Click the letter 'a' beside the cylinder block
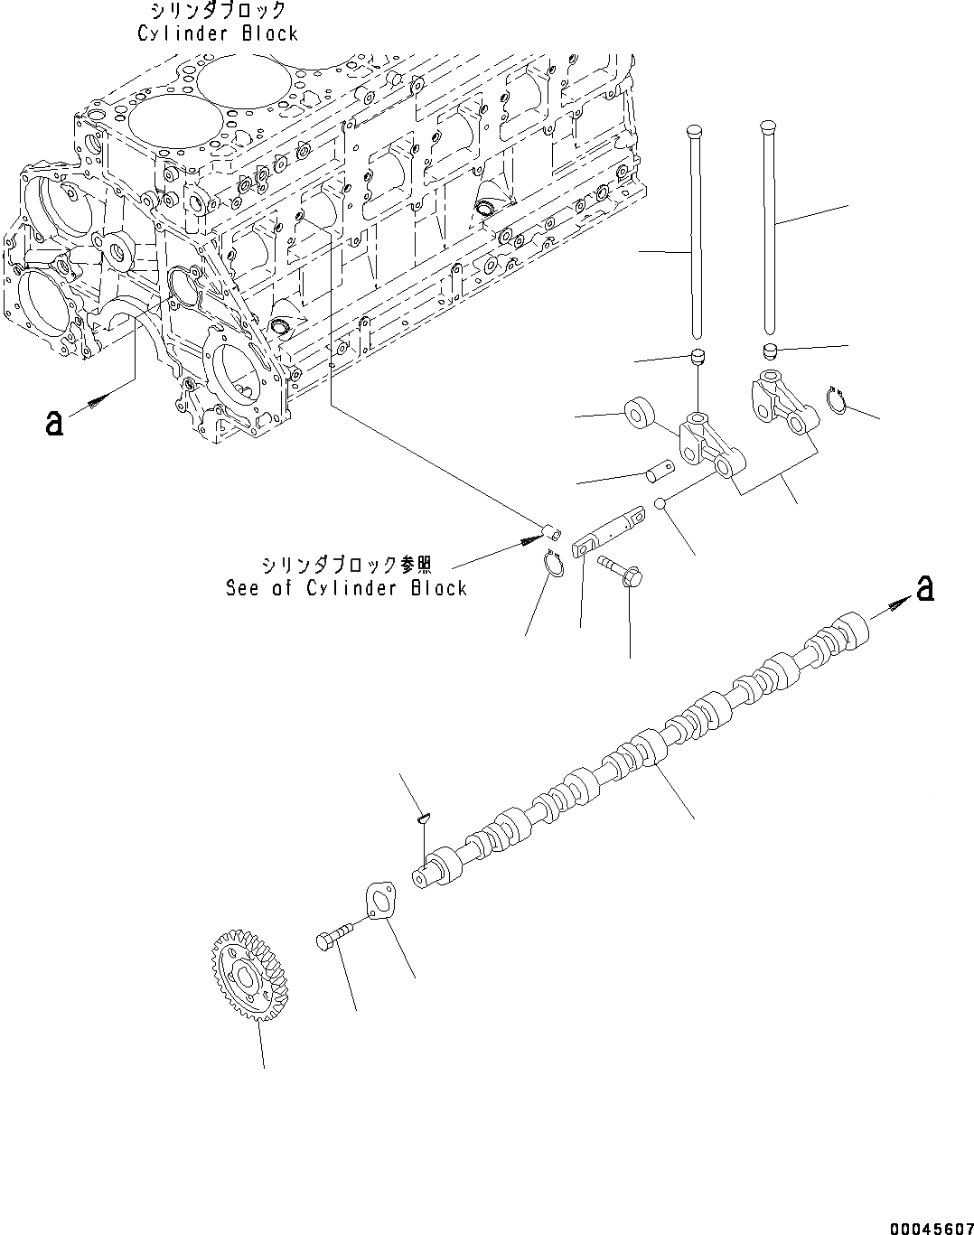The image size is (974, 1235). point(55,422)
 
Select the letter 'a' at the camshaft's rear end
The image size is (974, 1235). point(923,589)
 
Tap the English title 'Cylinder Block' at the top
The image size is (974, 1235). point(217,33)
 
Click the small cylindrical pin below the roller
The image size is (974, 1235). point(657,470)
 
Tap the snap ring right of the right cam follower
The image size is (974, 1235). point(836,399)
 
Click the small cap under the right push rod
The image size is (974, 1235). point(769,351)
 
